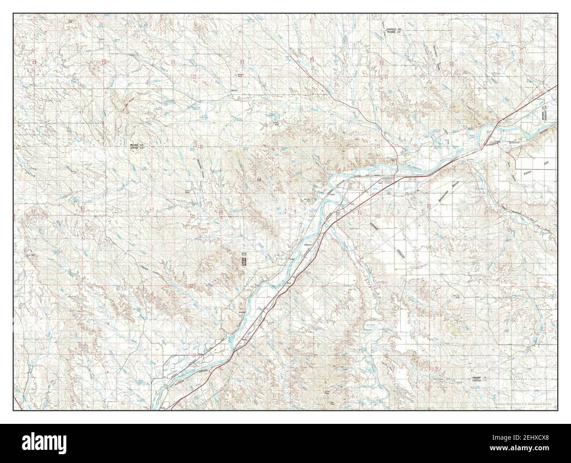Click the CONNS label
tap(374, 227)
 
